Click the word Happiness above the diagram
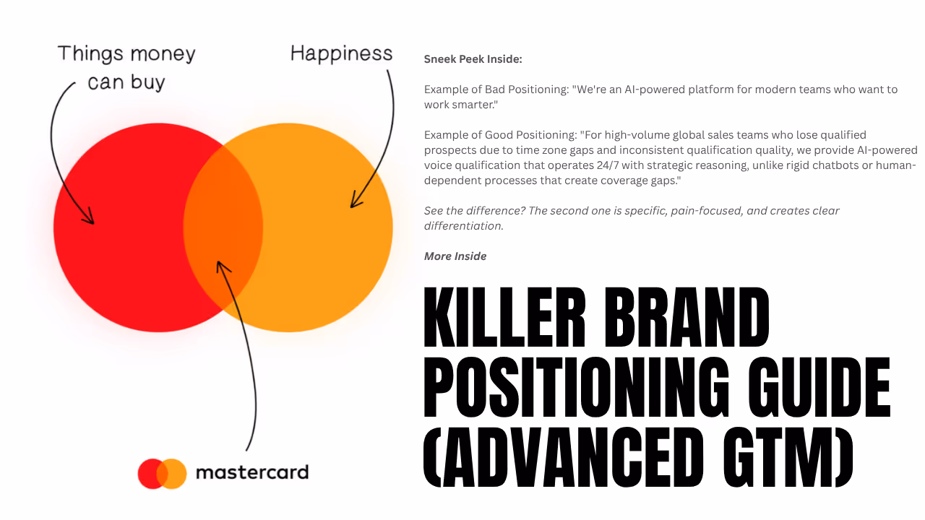[x=341, y=53]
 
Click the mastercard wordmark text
[x=251, y=473]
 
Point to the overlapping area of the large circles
[x=223, y=227]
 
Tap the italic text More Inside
[x=455, y=256]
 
